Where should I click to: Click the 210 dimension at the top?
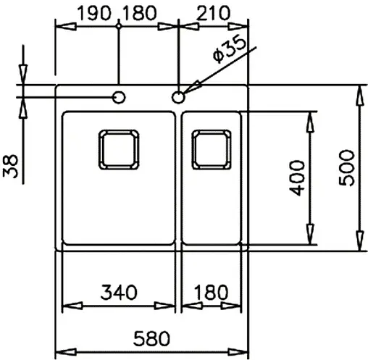point(212,12)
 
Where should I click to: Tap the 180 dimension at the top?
point(149,12)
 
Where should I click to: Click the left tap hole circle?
point(118,96)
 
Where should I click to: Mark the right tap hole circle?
point(178,96)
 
